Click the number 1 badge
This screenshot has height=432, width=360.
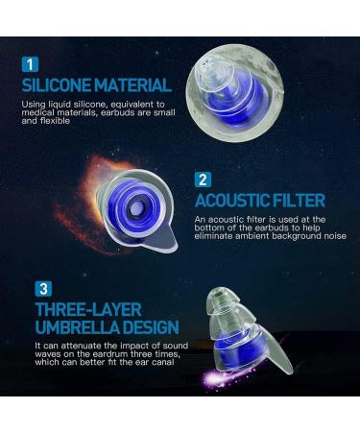coord(33,64)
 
